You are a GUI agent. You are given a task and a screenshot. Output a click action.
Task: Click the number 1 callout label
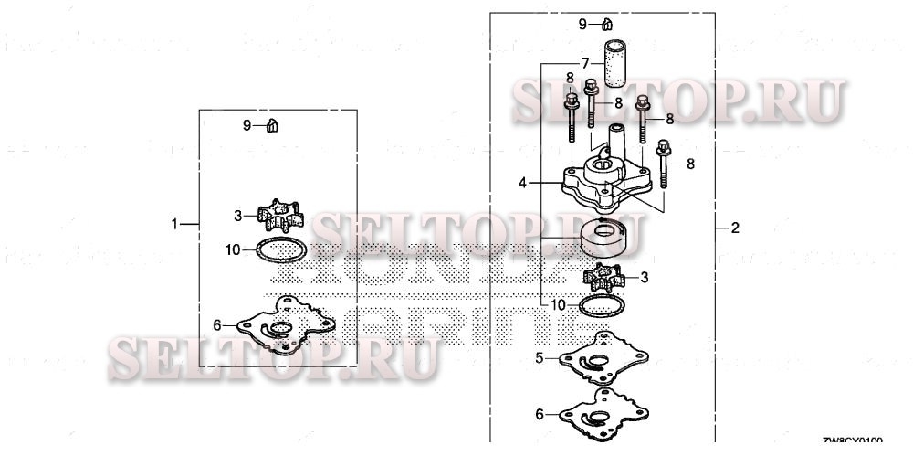point(174,223)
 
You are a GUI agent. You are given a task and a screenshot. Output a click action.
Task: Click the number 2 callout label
point(735,228)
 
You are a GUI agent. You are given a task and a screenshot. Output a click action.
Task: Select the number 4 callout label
point(522,183)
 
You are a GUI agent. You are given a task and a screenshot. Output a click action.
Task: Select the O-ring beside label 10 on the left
point(279,249)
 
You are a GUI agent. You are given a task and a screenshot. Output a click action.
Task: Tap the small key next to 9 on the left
point(272,124)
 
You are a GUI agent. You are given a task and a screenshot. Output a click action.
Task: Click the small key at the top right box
point(606,24)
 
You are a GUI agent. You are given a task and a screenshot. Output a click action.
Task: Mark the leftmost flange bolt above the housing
point(572,115)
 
